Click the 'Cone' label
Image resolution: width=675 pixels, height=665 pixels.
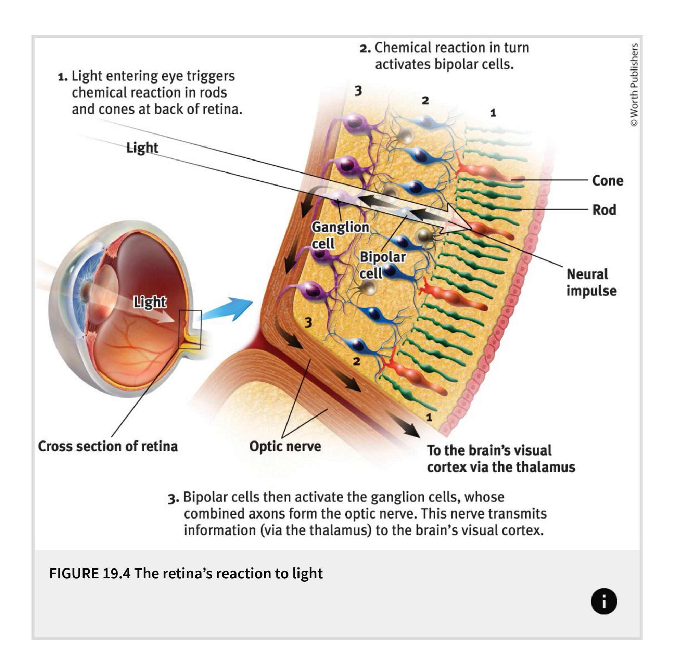pyautogui.click(x=607, y=181)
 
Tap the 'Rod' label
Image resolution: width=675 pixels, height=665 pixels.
pyautogui.click(x=604, y=210)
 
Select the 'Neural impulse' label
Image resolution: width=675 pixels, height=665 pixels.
pyautogui.click(x=591, y=282)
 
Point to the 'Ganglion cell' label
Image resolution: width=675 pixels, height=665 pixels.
pyautogui.click(x=340, y=235)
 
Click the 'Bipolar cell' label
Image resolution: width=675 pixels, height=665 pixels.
pyautogui.click(x=382, y=265)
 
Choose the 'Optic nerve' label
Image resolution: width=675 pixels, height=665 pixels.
pyautogui.click(x=285, y=446)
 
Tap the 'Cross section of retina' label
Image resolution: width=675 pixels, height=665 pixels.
pyautogui.click(x=107, y=446)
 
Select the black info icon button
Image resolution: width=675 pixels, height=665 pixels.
pyautogui.click(x=604, y=601)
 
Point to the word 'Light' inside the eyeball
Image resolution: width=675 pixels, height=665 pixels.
pyautogui.click(x=150, y=302)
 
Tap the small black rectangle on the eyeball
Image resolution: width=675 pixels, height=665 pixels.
pyautogui.click(x=190, y=329)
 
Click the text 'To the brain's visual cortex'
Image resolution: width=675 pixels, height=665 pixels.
pyautogui.click(x=489, y=450)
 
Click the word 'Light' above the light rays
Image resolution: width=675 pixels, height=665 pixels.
pyautogui.click(x=142, y=148)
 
